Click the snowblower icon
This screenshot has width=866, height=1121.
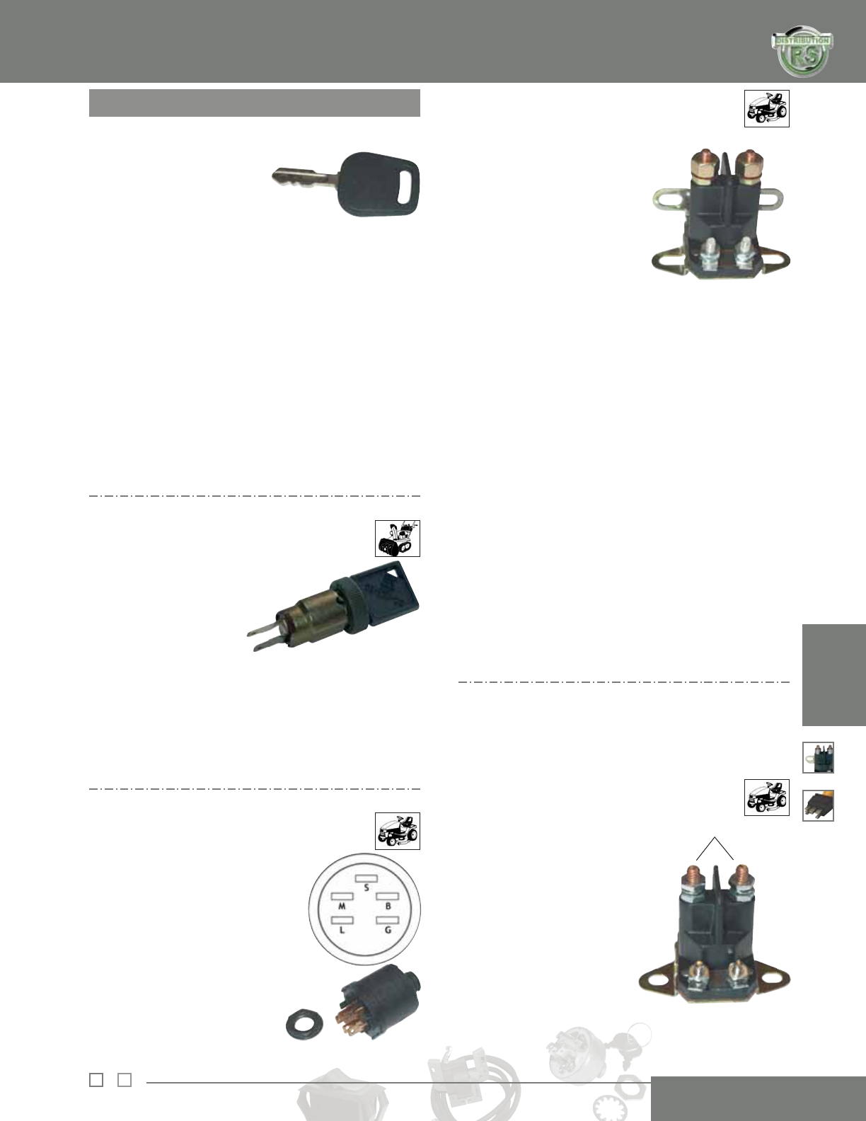tap(397, 539)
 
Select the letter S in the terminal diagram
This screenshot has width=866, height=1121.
tap(366, 887)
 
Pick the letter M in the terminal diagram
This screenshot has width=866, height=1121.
tap(341, 906)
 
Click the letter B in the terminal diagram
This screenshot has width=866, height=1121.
tap(388, 906)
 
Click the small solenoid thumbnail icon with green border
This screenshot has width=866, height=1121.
tap(818, 757)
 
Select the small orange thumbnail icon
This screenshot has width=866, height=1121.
tap(818, 805)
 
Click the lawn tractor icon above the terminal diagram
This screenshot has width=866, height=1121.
tap(397, 831)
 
